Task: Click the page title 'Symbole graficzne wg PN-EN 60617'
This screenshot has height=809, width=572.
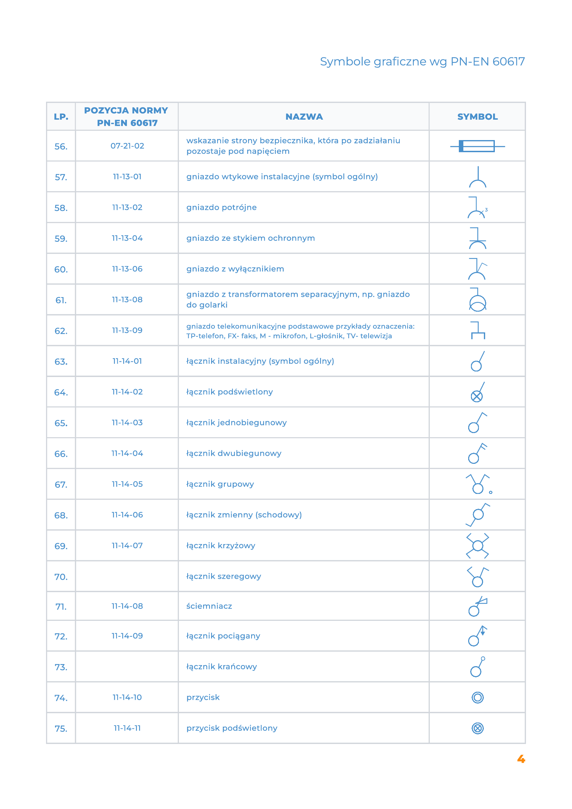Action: coord(422,62)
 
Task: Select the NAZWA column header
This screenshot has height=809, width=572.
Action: coord(304,117)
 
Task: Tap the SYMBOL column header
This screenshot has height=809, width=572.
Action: coord(477,117)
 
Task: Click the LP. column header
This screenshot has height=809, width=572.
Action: coord(61,117)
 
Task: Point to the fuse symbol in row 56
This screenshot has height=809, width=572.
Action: coord(477,146)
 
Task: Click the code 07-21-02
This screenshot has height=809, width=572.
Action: coord(127,146)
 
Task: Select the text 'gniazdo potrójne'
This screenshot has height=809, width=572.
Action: coord(221,207)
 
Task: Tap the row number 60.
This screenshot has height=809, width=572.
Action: coord(61,269)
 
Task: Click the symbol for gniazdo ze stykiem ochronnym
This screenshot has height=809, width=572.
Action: coord(477,238)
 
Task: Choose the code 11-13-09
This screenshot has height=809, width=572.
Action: coord(127,331)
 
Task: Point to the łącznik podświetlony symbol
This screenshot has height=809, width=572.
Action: coord(477,392)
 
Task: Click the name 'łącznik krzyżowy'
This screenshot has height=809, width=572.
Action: coord(221,545)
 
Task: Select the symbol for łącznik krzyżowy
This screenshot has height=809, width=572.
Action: coord(477,546)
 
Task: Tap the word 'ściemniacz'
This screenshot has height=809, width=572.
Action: coord(209,606)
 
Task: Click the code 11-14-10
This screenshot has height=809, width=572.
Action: coord(127,697)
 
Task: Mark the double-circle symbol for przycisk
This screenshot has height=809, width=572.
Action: coord(477,697)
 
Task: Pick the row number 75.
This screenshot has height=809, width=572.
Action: coord(61,728)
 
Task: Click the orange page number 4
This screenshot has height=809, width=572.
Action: coord(521,759)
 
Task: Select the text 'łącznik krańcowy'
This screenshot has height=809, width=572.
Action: coord(221,666)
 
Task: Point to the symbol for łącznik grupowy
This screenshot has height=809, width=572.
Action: coord(478,484)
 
